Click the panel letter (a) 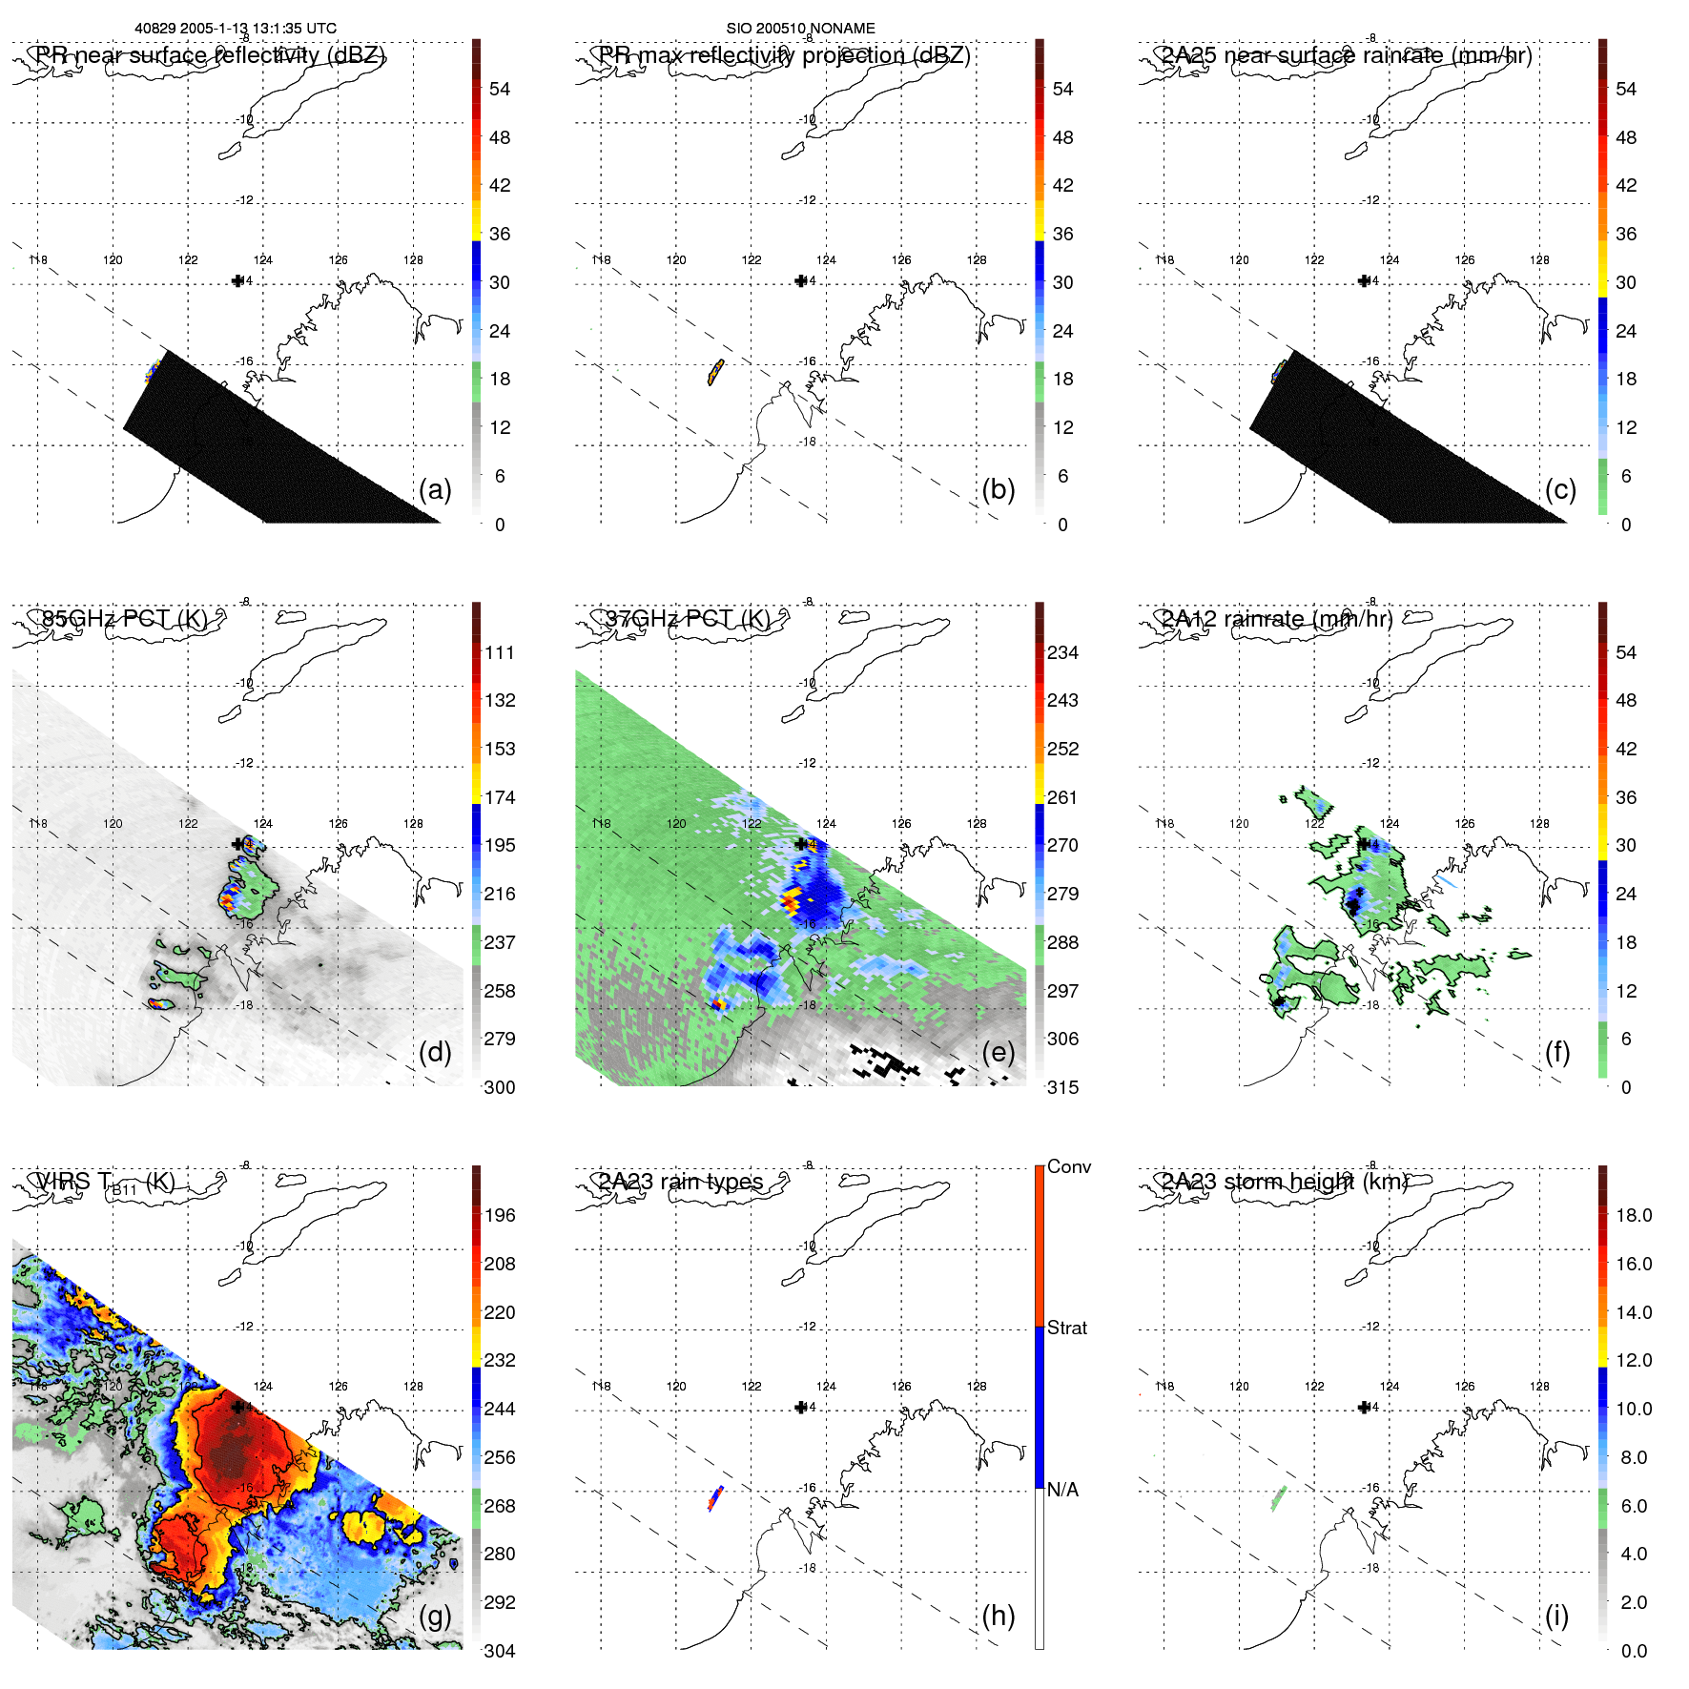click(434, 490)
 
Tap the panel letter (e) click(998, 1053)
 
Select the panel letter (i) click(1556, 1616)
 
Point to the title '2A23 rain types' click(681, 1182)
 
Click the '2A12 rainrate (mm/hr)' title click(1276, 619)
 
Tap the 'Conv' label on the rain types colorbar click(1068, 1166)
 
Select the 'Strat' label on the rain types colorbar click(1066, 1328)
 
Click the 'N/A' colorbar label click(1062, 1490)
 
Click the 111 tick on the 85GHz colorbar click(499, 652)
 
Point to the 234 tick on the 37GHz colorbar click(1062, 652)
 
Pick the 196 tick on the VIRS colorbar click(499, 1215)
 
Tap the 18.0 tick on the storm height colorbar click(1633, 1215)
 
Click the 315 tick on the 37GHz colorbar click(1062, 1087)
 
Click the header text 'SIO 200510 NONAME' click(800, 29)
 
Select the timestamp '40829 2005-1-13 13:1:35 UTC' click(235, 29)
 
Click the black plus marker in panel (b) click(801, 280)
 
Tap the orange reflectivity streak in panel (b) click(715, 371)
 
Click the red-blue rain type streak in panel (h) click(715, 1497)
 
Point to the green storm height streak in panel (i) click(1279, 1498)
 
